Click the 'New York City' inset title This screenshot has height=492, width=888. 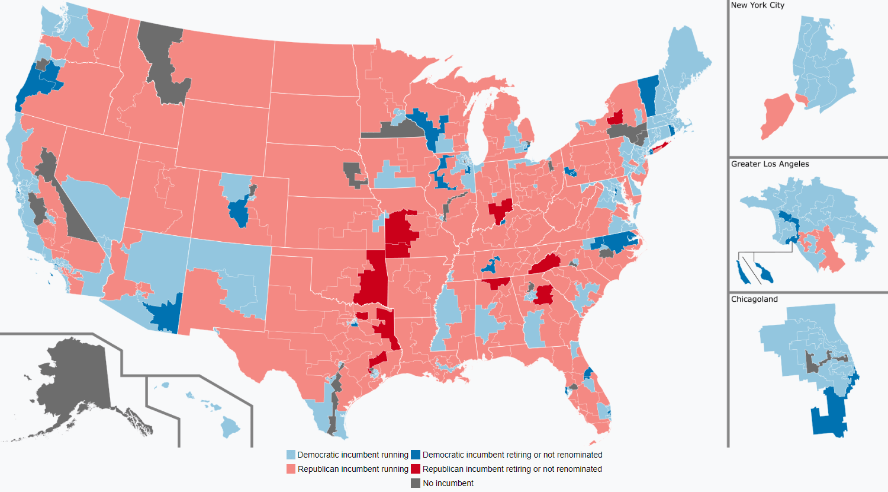pos(757,5)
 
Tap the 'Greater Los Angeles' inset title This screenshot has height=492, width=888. pos(770,164)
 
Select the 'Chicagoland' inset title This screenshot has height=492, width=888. pos(754,299)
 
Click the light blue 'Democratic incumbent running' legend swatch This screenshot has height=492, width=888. pos(291,455)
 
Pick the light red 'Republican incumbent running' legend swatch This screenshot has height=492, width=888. pos(291,469)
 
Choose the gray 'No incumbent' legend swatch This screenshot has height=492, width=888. pos(416,483)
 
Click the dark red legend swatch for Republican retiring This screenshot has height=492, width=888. pos(416,469)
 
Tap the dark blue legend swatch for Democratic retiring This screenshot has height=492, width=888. pos(416,455)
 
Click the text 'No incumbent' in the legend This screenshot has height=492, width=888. pos(448,483)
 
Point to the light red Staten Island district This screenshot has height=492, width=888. pos(776,116)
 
